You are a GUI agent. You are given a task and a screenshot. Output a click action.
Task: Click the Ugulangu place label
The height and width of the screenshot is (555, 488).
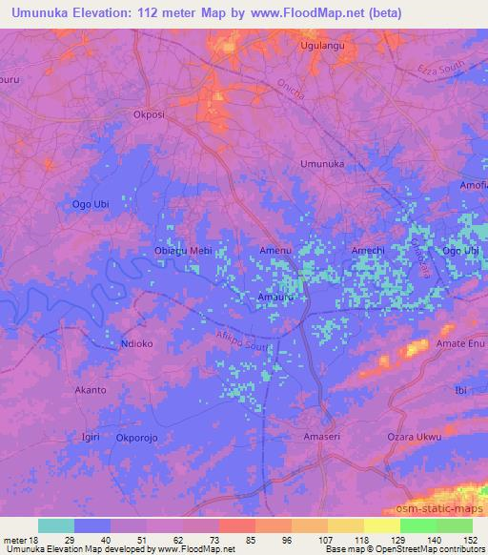[x=320, y=45]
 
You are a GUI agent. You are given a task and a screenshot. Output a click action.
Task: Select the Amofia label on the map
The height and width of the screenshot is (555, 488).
[x=473, y=186]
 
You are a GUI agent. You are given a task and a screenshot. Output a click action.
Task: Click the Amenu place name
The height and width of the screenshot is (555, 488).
[x=276, y=251]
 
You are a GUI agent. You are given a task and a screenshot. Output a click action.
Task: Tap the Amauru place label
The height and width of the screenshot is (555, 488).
[x=275, y=297]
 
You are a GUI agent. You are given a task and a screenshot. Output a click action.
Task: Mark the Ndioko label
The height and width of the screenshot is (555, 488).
[x=137, y=343]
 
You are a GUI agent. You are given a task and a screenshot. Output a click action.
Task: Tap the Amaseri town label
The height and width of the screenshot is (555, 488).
[x=321, y=437]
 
